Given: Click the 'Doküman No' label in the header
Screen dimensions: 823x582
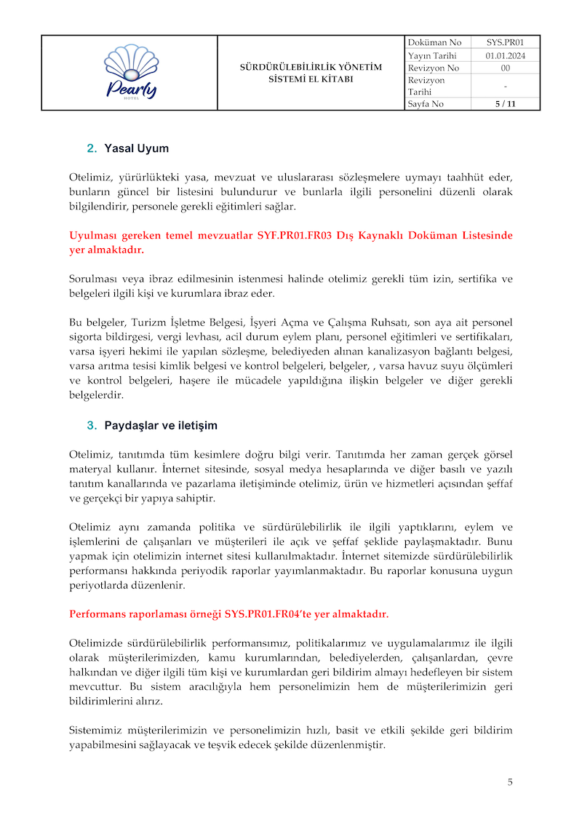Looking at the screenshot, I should pyautogui.click(x=434, y=43).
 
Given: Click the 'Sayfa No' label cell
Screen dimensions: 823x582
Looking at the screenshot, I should pyautogui.click(x=426, y=104).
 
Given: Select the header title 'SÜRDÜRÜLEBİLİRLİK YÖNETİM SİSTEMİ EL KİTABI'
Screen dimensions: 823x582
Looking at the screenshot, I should pyautogui.click(x=311, y=73).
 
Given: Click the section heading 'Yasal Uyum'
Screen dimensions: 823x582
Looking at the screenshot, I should pyautogui.click(x=137, y=148).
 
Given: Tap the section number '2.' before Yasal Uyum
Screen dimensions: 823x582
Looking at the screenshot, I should pyautogui.click(x=92, y=148).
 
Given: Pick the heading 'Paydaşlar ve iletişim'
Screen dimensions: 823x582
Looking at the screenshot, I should pyautogui.click(x=161, y=425).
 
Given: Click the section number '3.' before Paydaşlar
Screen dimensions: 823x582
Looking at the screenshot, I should pyautogui.click(x=92, y=425).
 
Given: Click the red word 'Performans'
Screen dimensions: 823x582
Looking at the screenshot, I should pyautogui.click(x=98, y=613).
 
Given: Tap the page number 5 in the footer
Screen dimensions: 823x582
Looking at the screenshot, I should pyautogui.click(x=510, y=782).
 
